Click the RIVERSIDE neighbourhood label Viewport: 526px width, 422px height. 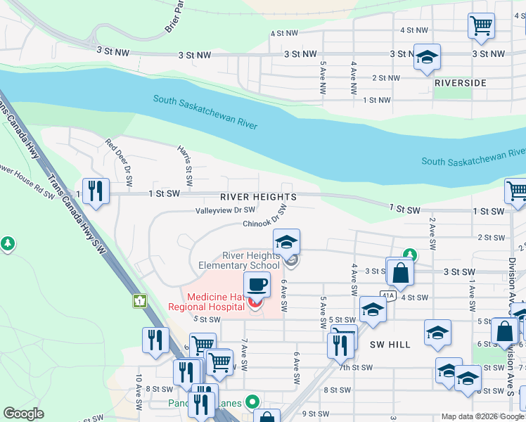461,83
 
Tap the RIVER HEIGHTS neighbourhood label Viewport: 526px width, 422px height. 257,197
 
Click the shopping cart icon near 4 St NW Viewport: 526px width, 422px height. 482,26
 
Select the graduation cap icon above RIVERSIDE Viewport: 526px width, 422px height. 427,58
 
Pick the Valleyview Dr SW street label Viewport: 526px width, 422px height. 225,210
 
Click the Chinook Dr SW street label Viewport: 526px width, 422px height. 264,224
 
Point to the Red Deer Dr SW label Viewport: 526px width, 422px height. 118,156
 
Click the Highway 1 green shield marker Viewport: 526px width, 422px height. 139,301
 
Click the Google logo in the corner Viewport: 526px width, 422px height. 23,414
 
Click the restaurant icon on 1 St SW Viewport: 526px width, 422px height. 96,191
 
